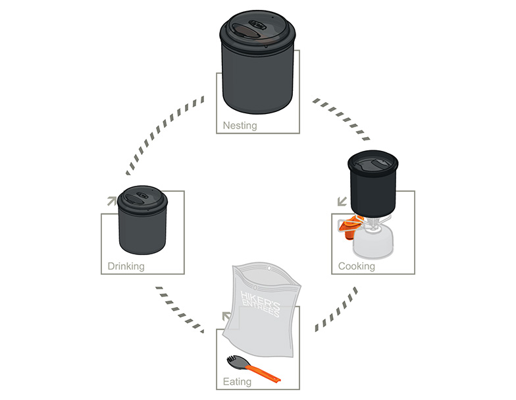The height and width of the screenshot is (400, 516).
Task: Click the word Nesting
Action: [x=240, y=125]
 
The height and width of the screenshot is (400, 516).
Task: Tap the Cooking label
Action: [x=357, y=266]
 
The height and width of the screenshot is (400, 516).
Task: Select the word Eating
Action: [x=237, y=382]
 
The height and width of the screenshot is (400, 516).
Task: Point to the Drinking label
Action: [x=126, y=266]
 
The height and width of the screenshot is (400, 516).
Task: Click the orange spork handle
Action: [x=263, y=372]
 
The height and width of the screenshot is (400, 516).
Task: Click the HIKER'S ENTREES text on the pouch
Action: [x=260, y=304]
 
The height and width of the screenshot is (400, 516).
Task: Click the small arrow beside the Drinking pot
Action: [x=112, y=201]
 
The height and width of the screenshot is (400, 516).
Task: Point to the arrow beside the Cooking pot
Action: [x=342, y=202]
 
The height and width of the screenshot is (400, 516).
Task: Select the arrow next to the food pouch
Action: [x=226, y=316]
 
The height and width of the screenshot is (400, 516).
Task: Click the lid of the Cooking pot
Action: [x=373, y=162]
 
